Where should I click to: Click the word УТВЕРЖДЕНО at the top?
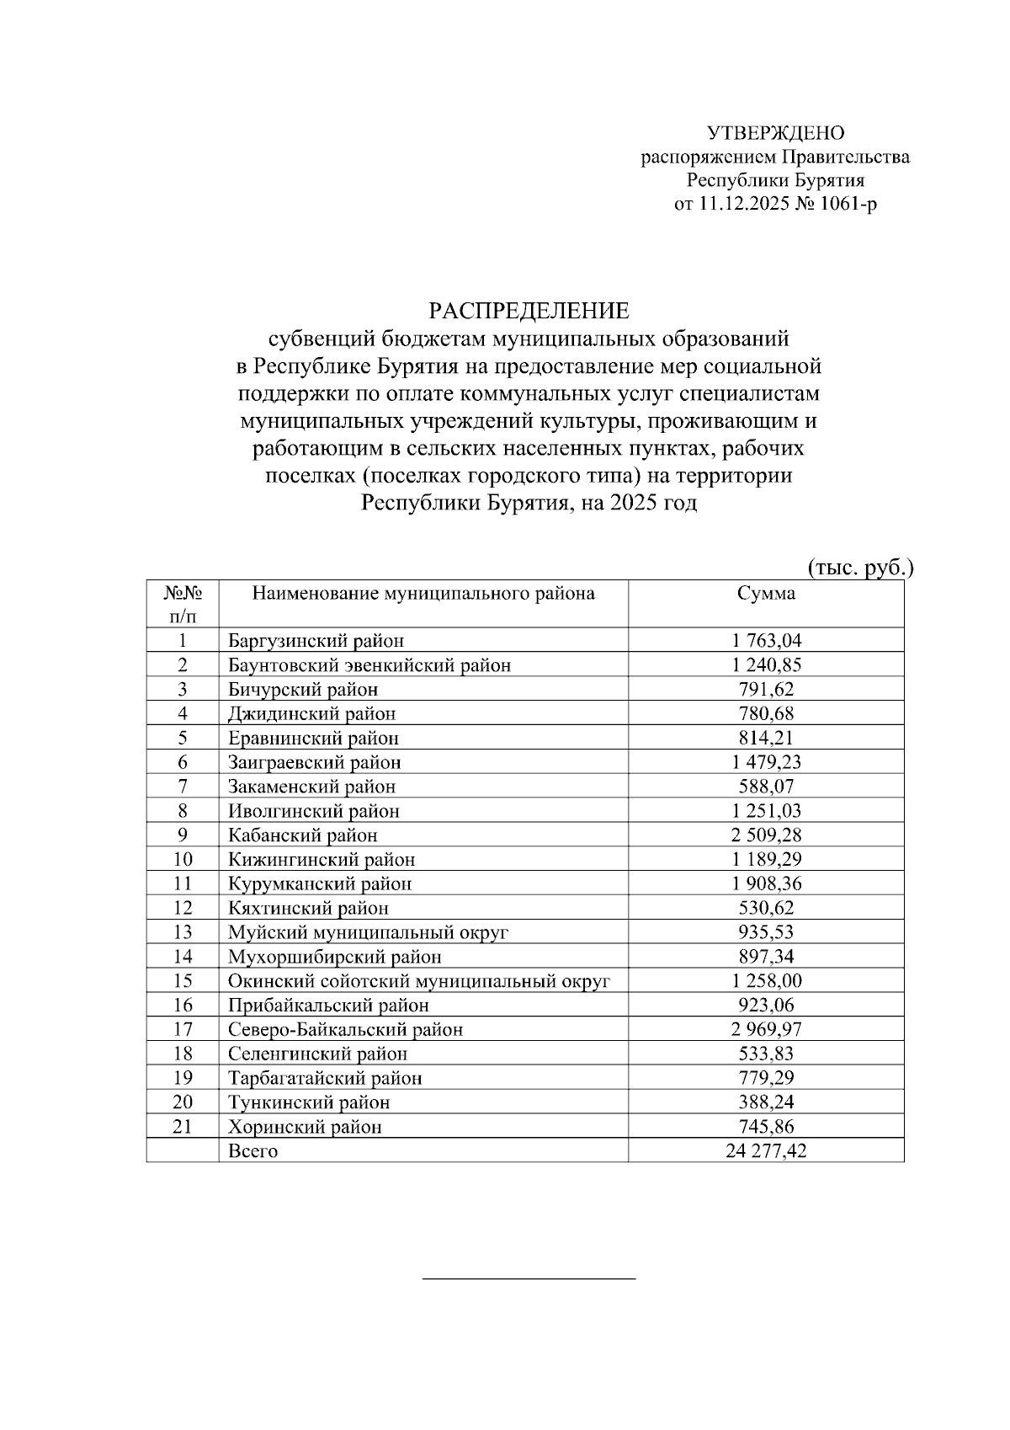click(775, 133)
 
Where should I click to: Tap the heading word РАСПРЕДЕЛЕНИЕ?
click(529, 311)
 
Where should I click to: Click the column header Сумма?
click(766, 593)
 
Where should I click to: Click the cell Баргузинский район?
click(316, 641)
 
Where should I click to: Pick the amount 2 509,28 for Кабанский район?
click(766, 835)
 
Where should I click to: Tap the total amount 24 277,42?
click(766, 1151)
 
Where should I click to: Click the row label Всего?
click(252, 1151)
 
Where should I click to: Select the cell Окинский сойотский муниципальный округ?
click(418, 981)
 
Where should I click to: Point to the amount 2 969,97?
click(766, 1029)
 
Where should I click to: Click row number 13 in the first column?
click(183, 932)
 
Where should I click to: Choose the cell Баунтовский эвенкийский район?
click(369, 665)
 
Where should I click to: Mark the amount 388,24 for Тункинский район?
click(766, 1102)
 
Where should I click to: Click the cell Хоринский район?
click(305, 1127)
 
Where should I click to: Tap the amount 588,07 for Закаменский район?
click(766, 787)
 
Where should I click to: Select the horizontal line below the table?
click(529, 1279)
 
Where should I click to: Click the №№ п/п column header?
click(183, 604)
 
